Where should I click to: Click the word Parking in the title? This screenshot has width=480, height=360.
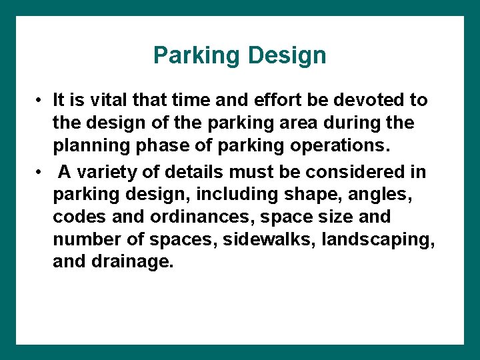tap(193, 56)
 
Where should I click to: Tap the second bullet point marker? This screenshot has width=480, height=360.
tap(41, 172)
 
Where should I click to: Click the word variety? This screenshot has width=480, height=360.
tap(110, 171)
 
